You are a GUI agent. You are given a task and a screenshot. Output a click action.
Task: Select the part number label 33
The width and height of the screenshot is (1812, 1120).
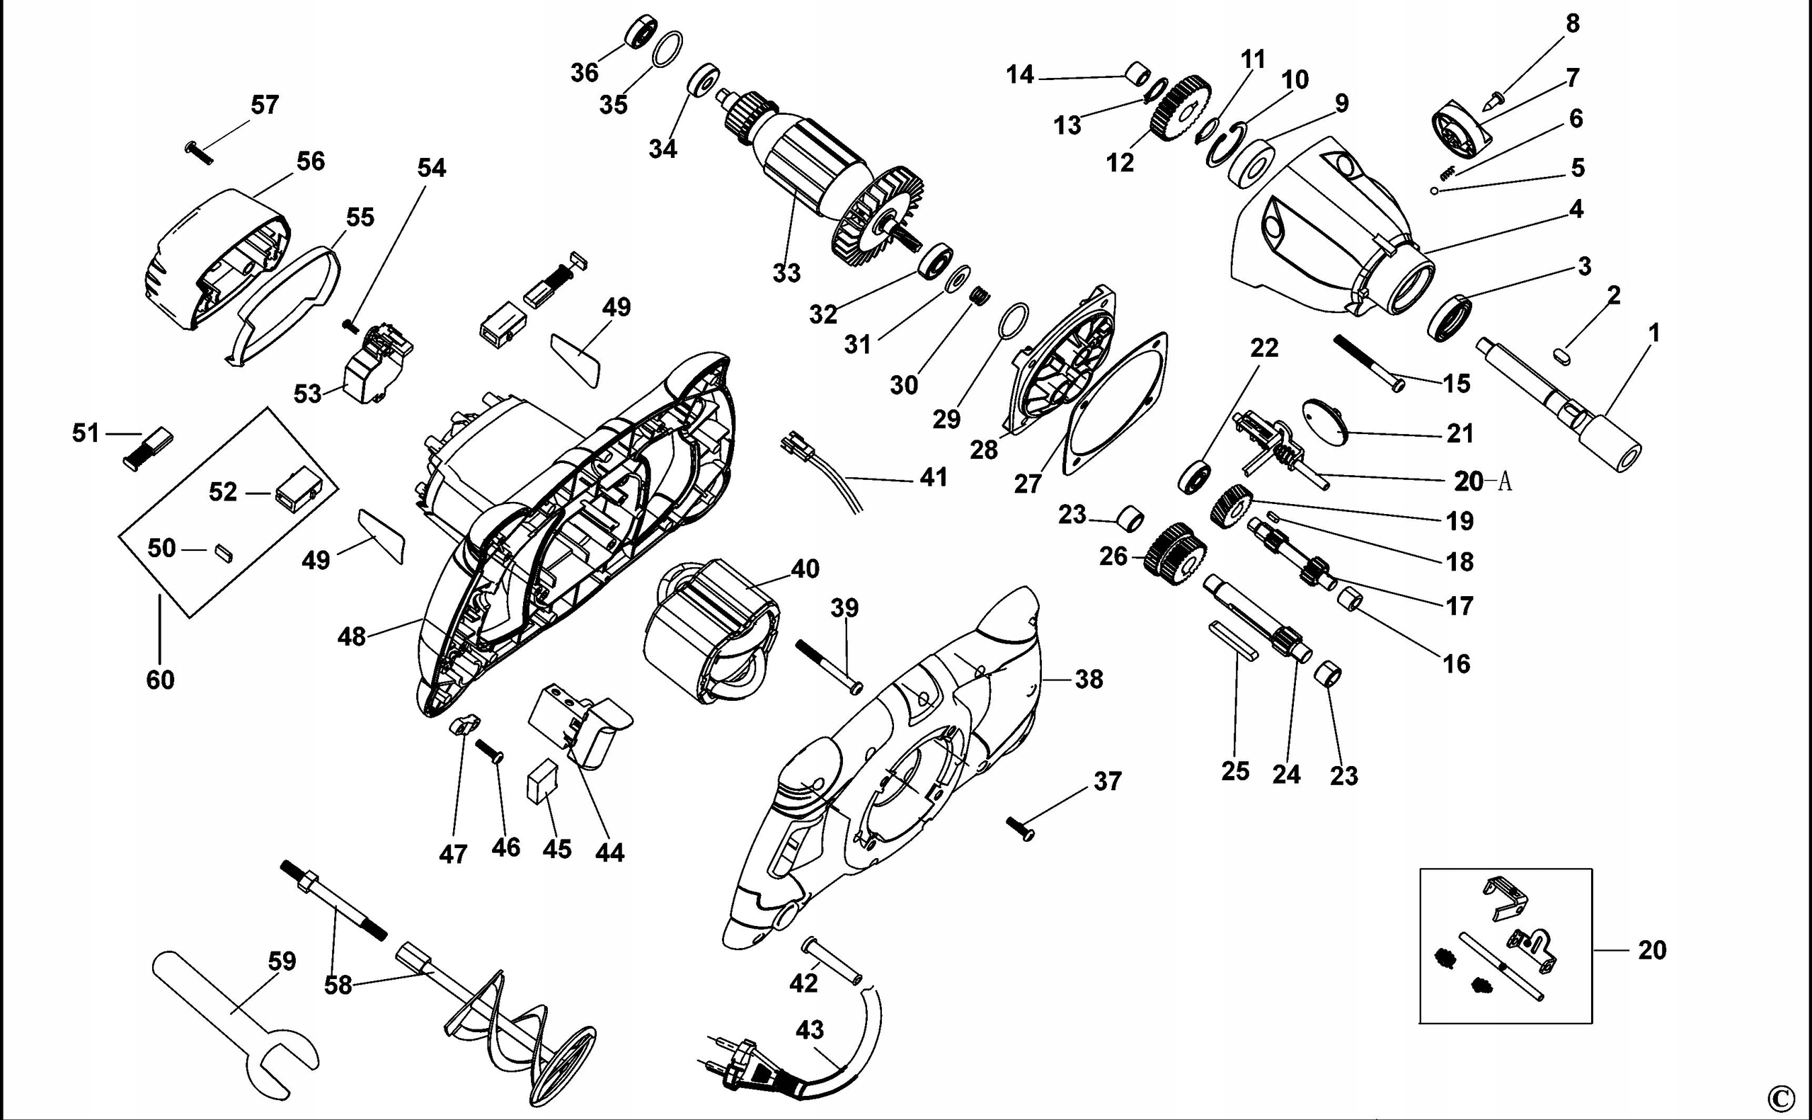(x=786, y=273)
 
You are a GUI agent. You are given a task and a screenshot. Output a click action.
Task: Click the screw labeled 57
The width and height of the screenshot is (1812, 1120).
(x=198, y=152)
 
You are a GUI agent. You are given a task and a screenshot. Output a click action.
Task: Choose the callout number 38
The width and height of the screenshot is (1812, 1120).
(x=1089, y=678)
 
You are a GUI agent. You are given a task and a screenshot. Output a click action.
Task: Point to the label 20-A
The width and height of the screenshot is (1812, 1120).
(x=1481, y=481)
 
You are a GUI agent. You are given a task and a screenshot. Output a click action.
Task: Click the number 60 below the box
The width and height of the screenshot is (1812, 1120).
(x=160, y=679)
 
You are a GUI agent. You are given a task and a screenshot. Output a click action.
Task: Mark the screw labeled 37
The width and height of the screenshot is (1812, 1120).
(x=1020, y=829)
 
